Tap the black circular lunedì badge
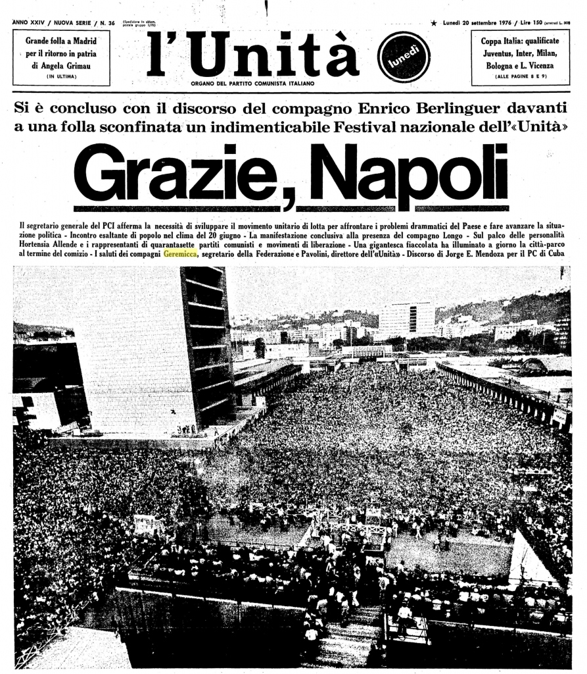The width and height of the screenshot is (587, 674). click(x=403, y=57)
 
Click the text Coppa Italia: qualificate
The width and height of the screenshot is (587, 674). click(x=520, y=41)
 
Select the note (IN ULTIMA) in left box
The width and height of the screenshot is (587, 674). click(x=61, y=77)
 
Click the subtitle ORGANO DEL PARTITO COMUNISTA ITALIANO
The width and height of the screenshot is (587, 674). click(x=252, y=84)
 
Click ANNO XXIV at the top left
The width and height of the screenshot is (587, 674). click(x=32, y=22)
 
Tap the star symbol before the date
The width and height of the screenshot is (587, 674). click(x=434, y=23)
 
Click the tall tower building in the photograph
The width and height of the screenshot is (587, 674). click(x=197, y=342)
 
